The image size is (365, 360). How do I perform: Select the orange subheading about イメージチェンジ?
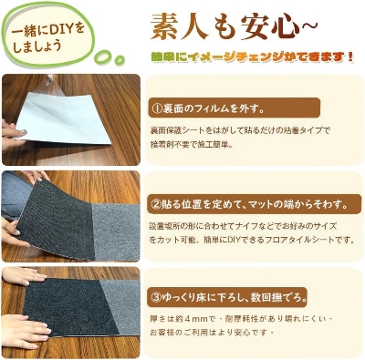tap(251, 57)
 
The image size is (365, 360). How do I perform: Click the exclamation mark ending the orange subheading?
tap(350, 57)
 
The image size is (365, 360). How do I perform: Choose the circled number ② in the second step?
tap(156, 202)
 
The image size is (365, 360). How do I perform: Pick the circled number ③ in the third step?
tap(156, 297)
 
